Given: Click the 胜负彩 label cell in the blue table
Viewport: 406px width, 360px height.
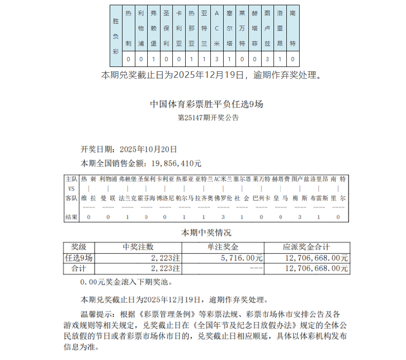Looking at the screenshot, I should pyautogui.click(x=116, y=35).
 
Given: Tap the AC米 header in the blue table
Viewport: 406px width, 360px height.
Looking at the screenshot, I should pyautogui.click(x=217, y=28).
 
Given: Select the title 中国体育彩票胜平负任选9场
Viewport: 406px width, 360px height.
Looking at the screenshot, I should pyautogui.click(x=206, y=104).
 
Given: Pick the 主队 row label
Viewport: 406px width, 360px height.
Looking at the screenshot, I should pyautogui.click(x=71, y=179).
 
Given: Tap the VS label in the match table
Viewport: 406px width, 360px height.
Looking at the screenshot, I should pyautogui.click(x=71, y=189).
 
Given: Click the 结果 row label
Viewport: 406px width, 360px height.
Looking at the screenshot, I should pyautogui.click(x=71, y=217).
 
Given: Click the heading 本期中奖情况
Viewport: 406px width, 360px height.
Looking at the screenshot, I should pyautogui.click(x=206, y=233).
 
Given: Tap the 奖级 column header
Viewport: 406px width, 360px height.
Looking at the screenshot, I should pyautogui.click(x=79, y=247).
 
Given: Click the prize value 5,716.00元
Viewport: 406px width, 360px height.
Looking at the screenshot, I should pyautogui.click(x=242, y=258).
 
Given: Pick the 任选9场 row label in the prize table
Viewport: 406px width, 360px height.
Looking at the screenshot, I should pyautogui.click(x=79, y=258).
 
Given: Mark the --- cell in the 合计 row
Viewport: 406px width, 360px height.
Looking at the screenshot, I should pyautogui.click(x=255, y=269).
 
